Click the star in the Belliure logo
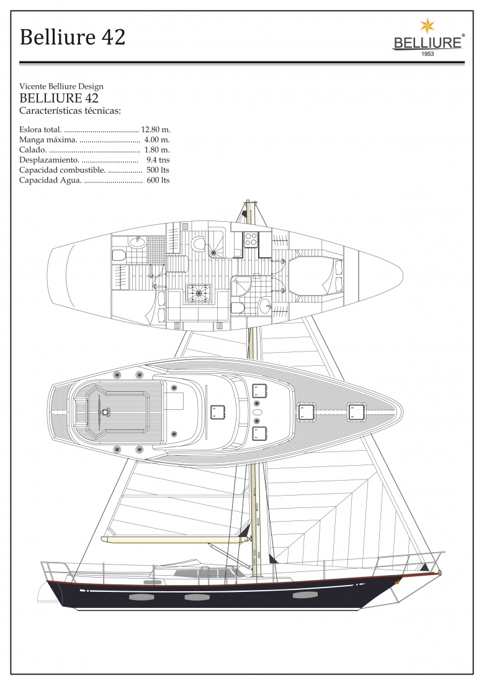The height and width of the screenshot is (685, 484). click(x=428, y=26)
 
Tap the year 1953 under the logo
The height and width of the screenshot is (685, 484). click(x=428, y=54)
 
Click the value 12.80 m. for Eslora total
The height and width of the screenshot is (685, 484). click(x=155, y=129)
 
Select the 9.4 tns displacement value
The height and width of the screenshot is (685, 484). click(x=158, y=160)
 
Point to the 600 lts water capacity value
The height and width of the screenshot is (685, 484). click(x=158, y=180)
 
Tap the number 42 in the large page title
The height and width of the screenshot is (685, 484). click(x=114, y=37)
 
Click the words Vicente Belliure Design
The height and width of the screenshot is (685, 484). click(x=61, y=86)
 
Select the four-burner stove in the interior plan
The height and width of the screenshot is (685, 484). click(x=251, y=239)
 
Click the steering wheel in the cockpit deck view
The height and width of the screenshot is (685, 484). click(x=105, y=412)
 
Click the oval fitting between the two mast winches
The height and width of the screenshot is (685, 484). click(x=257, y=412)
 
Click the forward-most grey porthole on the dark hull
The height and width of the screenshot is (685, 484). click(x=302, y=595)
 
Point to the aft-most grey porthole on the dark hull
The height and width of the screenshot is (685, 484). click(x=138, y=597)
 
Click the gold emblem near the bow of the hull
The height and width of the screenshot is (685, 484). click(x=397, y=583)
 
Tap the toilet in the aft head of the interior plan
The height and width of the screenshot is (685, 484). click(x=119, y=255)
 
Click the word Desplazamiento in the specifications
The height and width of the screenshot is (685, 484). click(x=49, y=160)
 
